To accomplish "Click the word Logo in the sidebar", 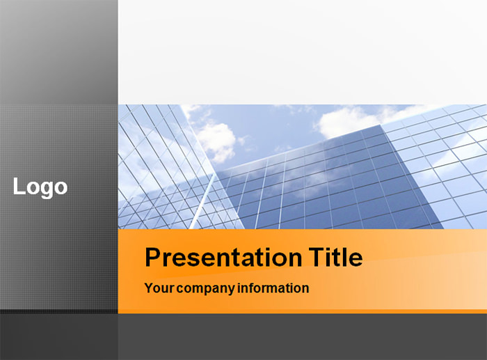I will [40, 187].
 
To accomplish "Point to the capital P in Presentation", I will [153, 258].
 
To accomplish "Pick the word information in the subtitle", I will [273, 288].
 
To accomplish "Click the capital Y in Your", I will [148, 288].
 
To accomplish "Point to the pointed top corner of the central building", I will [381, 126].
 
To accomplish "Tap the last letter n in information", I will [305, 288].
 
